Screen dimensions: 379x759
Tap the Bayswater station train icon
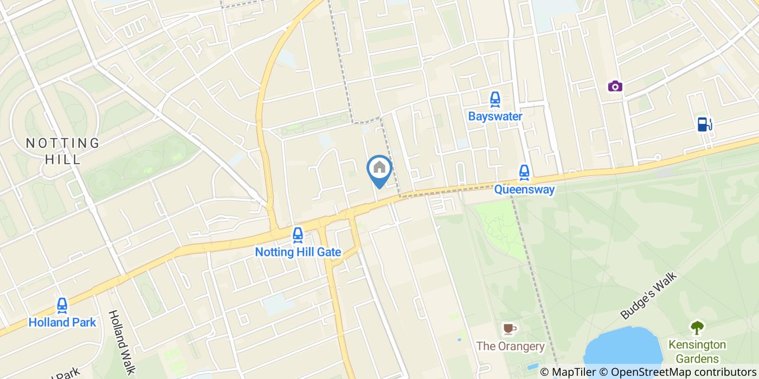click(494, 100)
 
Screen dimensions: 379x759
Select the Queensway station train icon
click(524, 173)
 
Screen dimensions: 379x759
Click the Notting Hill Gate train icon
click(297, 235)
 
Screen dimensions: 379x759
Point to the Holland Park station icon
click(62, 306)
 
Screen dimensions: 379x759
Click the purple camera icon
click(615, 86)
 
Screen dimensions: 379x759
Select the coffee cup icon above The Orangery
click(509, 329)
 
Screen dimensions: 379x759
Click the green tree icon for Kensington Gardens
click(697, 327)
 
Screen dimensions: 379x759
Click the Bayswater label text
click(495, 116)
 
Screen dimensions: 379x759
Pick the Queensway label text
click(524, 190)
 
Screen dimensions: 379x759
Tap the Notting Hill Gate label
click(298, 252)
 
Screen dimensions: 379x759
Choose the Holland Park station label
click(62, 323)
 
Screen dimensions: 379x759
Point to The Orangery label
click(510, 346)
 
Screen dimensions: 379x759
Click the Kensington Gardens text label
click(697, 351)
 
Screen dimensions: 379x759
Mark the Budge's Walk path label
click(649, 296)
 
